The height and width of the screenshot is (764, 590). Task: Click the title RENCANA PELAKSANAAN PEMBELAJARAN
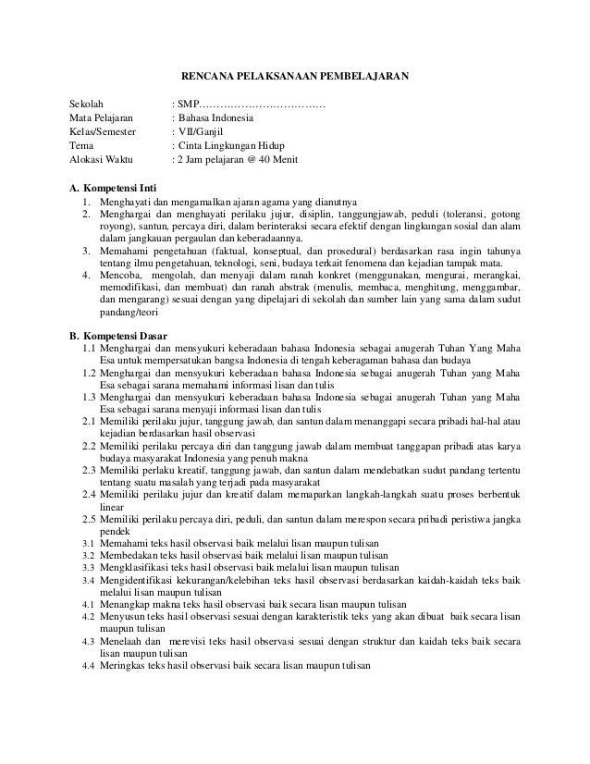[x=293, y=75]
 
